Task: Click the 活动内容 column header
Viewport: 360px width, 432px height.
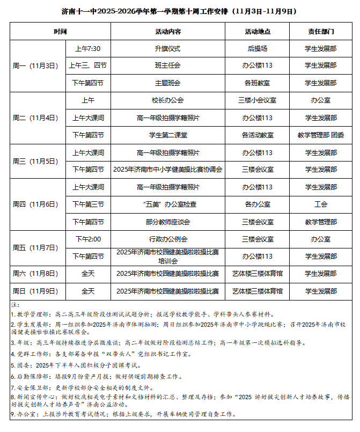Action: [x=168, y=32]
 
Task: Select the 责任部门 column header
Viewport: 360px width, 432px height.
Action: [x=321, y=32]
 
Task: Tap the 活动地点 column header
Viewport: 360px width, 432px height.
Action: [x=258, y=32]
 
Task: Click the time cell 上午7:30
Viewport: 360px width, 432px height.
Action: [x=88, y=49]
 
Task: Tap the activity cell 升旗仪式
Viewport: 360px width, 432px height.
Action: [x=168, y=49]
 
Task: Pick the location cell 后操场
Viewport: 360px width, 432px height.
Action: [x=258, y=49]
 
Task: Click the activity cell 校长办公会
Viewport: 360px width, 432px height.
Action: [x=168, y=100]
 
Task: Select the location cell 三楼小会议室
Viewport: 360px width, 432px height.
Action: [x=258, y=100]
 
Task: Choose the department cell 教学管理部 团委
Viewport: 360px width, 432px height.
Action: [x=321, y=135]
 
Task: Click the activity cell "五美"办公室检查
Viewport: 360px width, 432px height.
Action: [x=168, y=204]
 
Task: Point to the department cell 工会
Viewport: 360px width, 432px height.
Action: [x=321, y=204]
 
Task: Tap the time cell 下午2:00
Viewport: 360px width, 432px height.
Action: [x=88, y=239]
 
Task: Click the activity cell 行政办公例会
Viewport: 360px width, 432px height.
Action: [x=168, y=239]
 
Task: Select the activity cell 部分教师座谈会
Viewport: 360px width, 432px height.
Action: [x=168, y=222]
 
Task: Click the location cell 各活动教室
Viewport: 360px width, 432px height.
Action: [x=258, y=135]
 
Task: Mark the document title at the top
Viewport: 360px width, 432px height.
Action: [x=180, y=11]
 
